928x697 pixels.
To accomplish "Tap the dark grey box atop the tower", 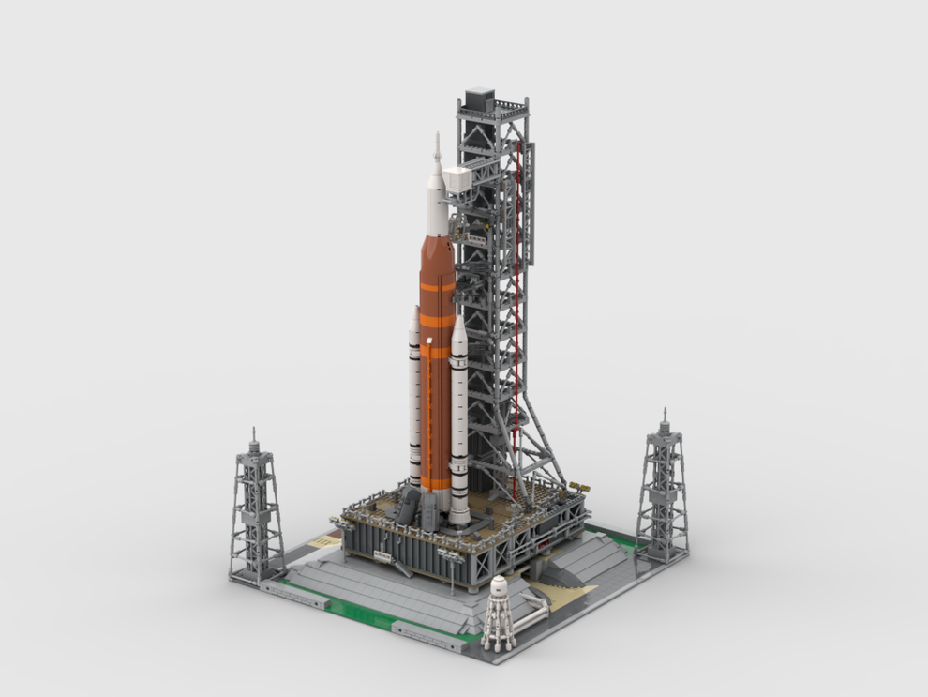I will tap(479, 98).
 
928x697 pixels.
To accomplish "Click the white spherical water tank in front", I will tap(500, 590).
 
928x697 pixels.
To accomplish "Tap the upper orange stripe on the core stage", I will tap(435, 285).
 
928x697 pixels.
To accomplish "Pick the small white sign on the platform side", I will tap(382, 555).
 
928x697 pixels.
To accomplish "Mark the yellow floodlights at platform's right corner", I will tap(581, 488).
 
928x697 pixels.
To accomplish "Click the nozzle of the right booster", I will tap(458, 516).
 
